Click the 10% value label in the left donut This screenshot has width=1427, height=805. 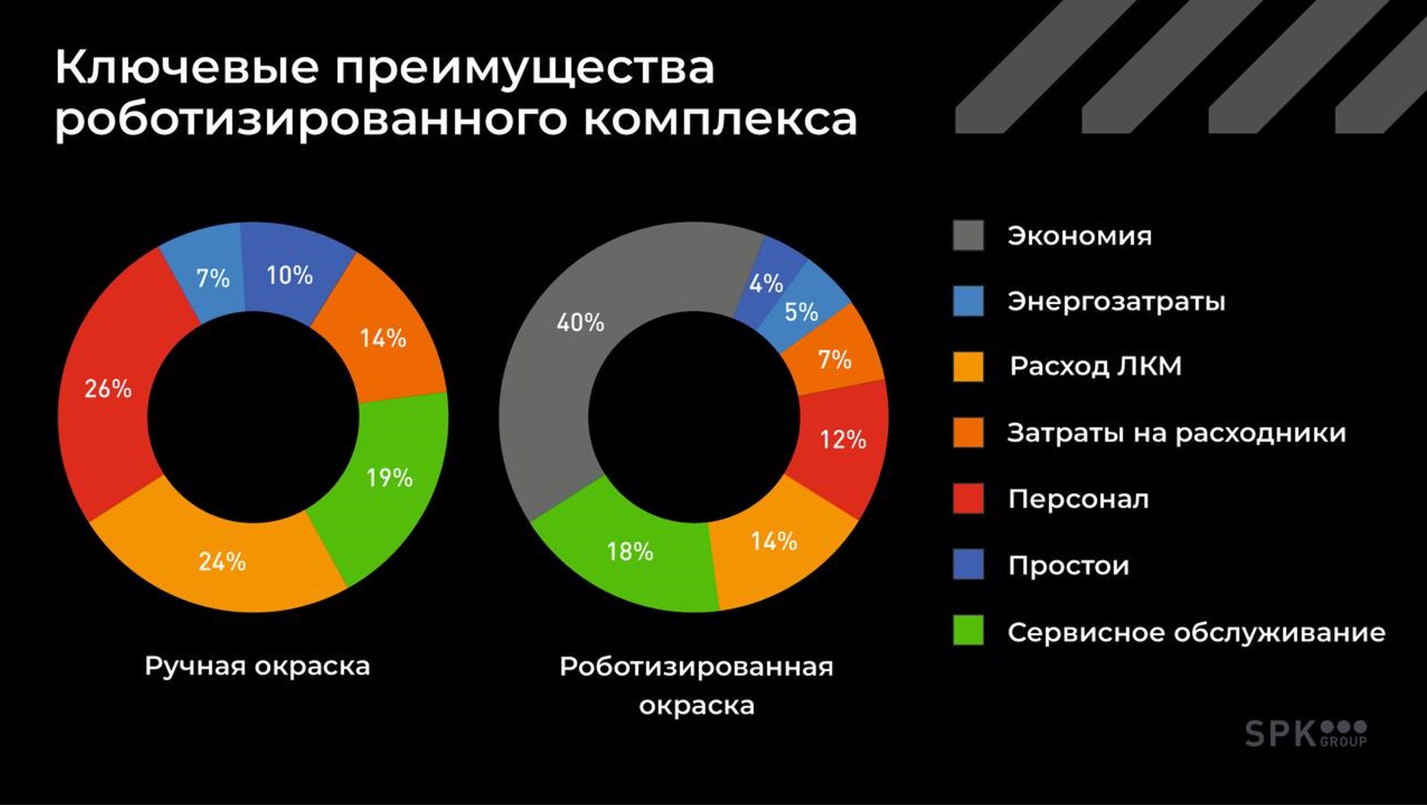point(289,275)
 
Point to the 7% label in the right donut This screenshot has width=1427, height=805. point(835,360)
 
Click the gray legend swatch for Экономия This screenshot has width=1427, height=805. point(968,236)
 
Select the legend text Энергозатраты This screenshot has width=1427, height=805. point(1116,301)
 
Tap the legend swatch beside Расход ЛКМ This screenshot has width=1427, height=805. point(968,367)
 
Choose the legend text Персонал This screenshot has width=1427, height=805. point(1078,499)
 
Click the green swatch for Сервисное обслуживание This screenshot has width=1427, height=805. point(968,630)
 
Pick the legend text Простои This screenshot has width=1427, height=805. point(1068,565)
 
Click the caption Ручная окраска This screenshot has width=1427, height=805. point(257,666)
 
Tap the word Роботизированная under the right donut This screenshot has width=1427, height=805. point(696,667)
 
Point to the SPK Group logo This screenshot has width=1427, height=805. point(1305,734)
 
